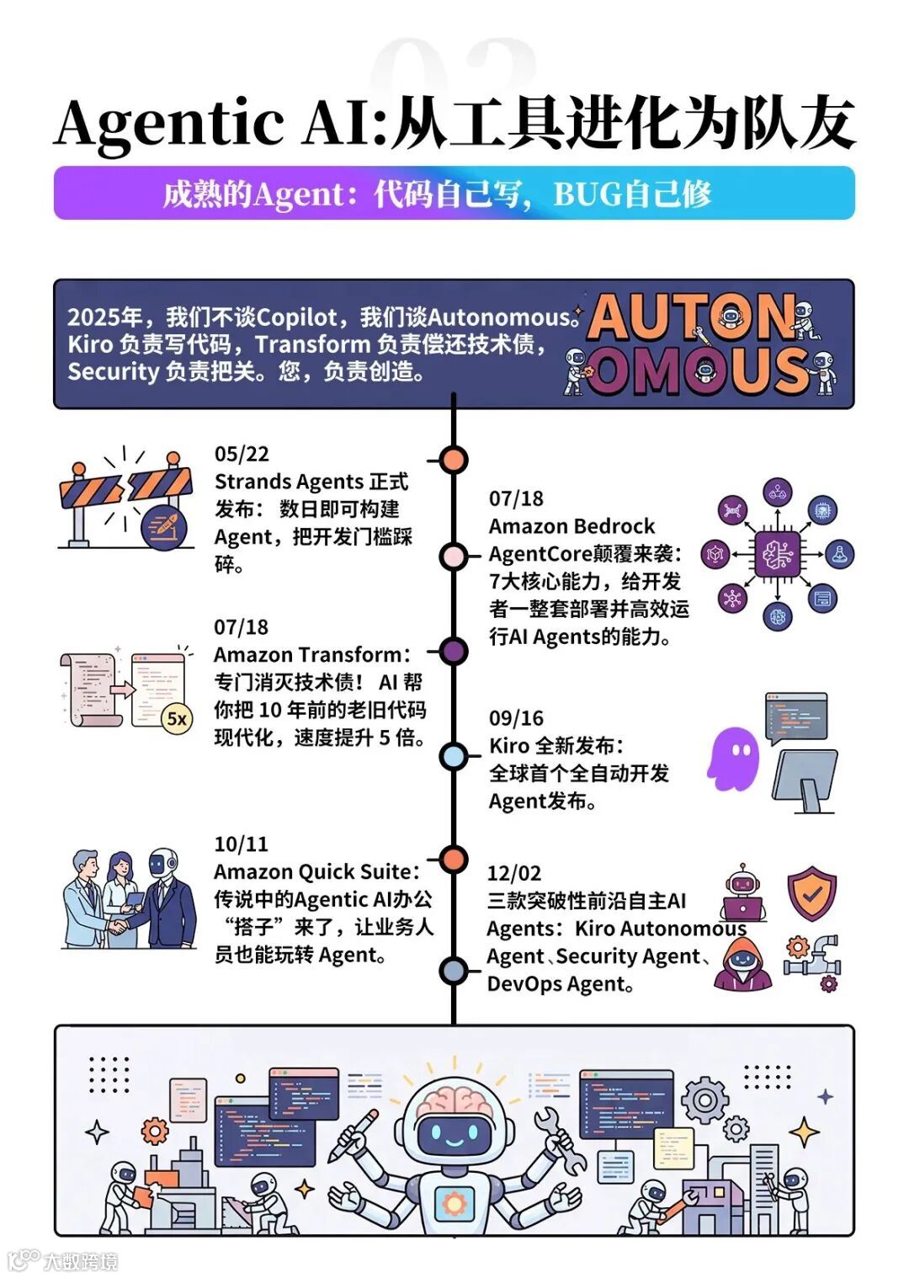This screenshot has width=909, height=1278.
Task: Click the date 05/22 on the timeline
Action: pos(242,455)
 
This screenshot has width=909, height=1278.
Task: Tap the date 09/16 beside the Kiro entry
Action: pos(516,718)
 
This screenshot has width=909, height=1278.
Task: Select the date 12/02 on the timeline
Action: pos(513,873)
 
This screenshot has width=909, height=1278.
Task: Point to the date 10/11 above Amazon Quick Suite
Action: pos(241,844)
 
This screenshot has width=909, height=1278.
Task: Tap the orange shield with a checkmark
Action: pos(811,892)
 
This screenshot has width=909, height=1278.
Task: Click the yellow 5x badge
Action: pos(177,718)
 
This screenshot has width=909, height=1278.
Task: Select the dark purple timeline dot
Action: pos(454,651)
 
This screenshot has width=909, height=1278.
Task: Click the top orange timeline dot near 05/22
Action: pos(454,460)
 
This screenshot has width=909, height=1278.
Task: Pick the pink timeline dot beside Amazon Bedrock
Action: pos(454,556)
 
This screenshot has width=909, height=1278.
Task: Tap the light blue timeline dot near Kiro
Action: pos(454,756)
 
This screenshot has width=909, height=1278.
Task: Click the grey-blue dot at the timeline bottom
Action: pos(454,971)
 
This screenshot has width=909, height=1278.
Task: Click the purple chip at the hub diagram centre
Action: pos(777,554)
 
